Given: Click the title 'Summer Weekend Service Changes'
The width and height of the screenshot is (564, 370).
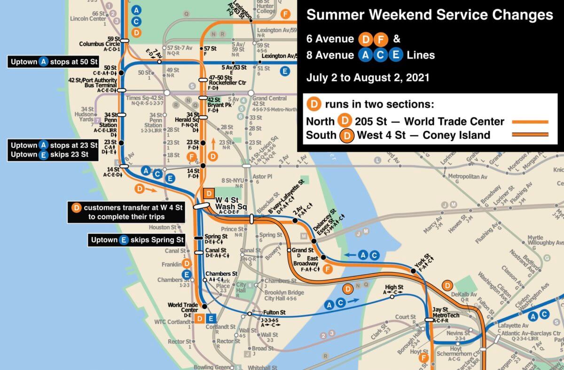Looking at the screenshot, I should click(430, 15).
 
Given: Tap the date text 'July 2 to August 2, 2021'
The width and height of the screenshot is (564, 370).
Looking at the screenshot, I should click(368, 78).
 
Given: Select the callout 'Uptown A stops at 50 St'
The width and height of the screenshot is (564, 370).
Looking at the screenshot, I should click(52, 61).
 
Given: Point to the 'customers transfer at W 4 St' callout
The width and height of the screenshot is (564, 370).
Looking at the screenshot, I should click(125, 212).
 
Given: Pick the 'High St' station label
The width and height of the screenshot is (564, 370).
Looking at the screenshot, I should click(394, 287).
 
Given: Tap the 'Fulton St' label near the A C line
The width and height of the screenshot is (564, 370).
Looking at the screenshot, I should click(274, 312).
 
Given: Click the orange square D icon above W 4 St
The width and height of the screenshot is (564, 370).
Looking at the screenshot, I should click(209, 193).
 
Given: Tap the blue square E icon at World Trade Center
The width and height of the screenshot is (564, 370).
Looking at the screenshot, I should click(211, 319).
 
